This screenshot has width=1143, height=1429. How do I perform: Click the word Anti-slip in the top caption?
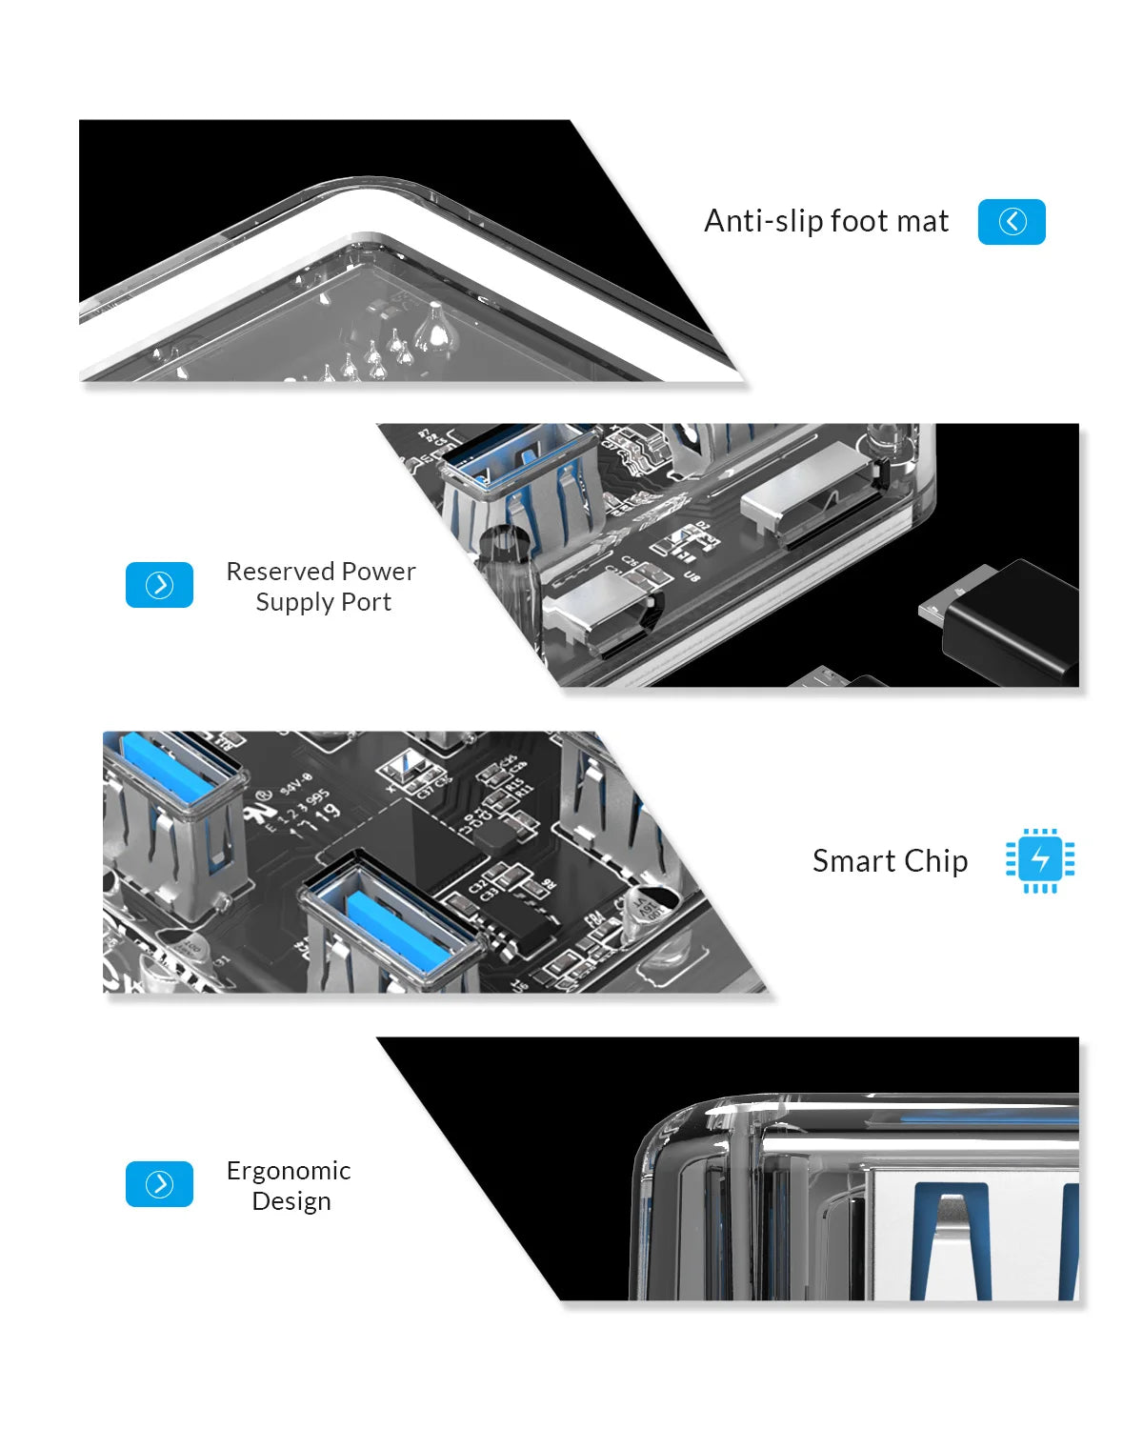(762, 221)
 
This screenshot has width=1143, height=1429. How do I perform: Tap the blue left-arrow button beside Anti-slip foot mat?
(1012, 222)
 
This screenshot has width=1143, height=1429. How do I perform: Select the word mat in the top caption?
(923, 221)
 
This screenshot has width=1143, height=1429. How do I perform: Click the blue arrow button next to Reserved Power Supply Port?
(159, 585)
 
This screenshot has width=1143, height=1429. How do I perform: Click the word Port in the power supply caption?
(367, 602)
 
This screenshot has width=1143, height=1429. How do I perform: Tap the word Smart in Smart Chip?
(853, 861)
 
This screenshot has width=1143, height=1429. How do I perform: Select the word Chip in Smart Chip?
(935, 861)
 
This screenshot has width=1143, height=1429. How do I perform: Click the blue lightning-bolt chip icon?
(1040, 859)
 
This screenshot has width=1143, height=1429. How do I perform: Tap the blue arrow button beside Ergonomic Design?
(159, 1184)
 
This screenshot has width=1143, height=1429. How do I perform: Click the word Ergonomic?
(289, 1171)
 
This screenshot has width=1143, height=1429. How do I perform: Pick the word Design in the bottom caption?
(291, 1201)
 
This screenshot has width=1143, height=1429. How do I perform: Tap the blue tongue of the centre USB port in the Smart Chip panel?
(400, 929)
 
